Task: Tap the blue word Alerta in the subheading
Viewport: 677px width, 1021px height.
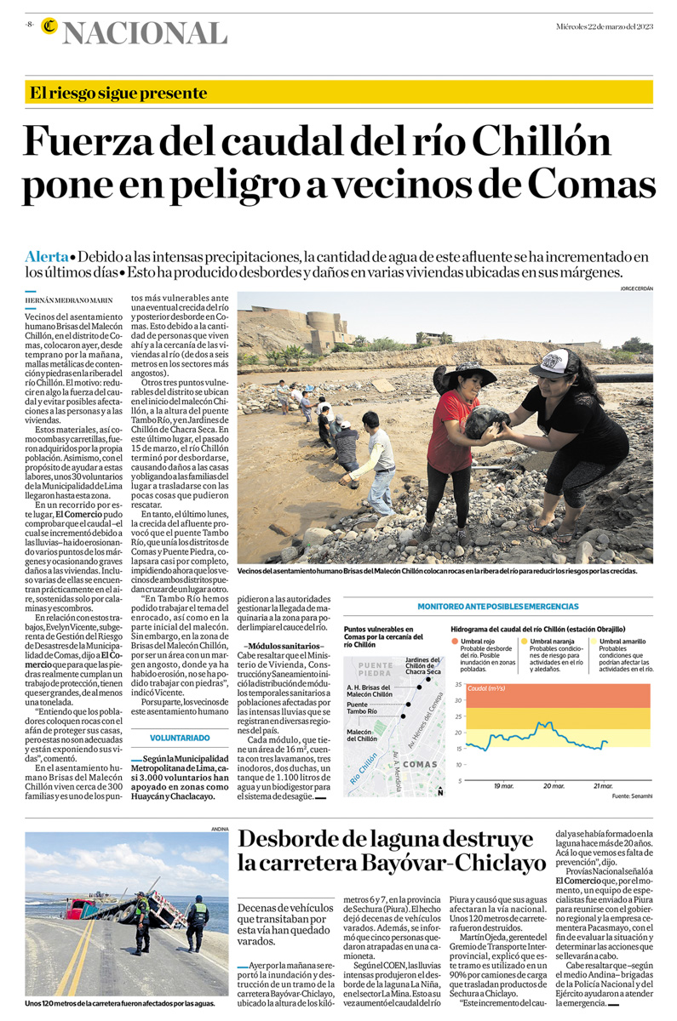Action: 47,256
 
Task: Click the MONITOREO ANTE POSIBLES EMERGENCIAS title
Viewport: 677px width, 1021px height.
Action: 497,607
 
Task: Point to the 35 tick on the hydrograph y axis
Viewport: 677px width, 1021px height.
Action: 458,684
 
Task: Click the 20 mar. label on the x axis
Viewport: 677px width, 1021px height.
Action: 554,785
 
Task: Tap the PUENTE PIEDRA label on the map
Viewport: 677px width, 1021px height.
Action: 376,669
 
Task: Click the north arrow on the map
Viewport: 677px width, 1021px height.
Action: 439,790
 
